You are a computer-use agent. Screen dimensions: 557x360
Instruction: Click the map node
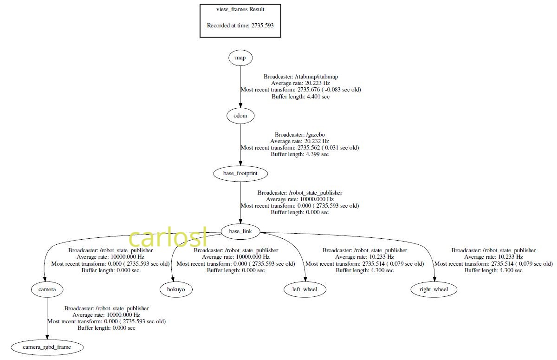click(240, 58)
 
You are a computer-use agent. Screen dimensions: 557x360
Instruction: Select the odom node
click(240, 116)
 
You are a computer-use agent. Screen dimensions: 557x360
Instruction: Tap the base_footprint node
click(240, 174)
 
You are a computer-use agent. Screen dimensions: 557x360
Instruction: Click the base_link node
click(240, 231)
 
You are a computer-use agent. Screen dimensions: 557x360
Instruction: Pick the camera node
click(47, 289)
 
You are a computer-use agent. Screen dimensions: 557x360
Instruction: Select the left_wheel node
click(305, 289)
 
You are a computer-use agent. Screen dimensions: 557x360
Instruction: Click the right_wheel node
click(434, 289)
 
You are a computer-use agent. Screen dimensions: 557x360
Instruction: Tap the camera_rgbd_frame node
click(47, 347)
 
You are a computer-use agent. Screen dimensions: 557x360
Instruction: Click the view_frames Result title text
click(240, 9)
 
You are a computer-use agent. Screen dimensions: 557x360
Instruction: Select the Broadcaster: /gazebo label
click(299, 134)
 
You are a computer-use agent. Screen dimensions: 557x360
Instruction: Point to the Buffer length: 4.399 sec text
click(299, 154)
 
